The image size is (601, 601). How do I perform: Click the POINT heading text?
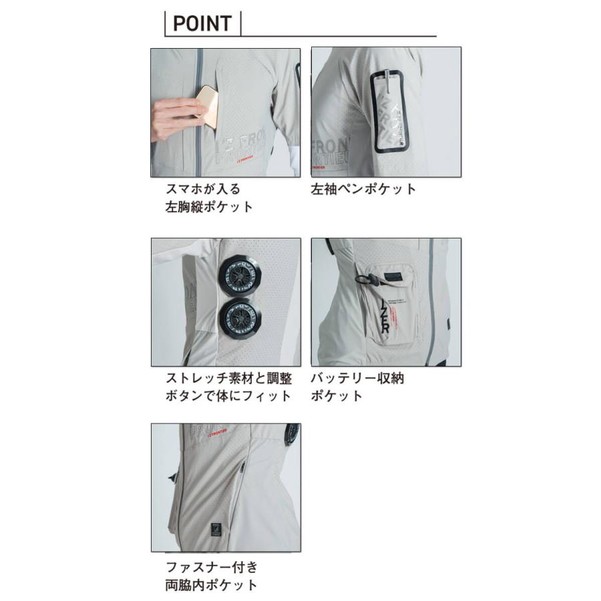click(x=202, y=24)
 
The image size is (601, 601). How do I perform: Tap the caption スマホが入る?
click(x=202, y=188)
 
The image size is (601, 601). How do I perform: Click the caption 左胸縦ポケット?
click(x=209, y=206)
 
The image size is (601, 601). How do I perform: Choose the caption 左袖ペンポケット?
click(x=363, y=188)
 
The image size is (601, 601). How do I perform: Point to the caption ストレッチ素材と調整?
click(x=228, y=378)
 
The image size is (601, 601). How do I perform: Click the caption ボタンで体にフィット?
click(x=228, y=395)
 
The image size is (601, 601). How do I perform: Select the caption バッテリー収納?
click(x=357, y=378)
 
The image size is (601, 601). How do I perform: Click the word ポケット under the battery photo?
click(x=337, y=395)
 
